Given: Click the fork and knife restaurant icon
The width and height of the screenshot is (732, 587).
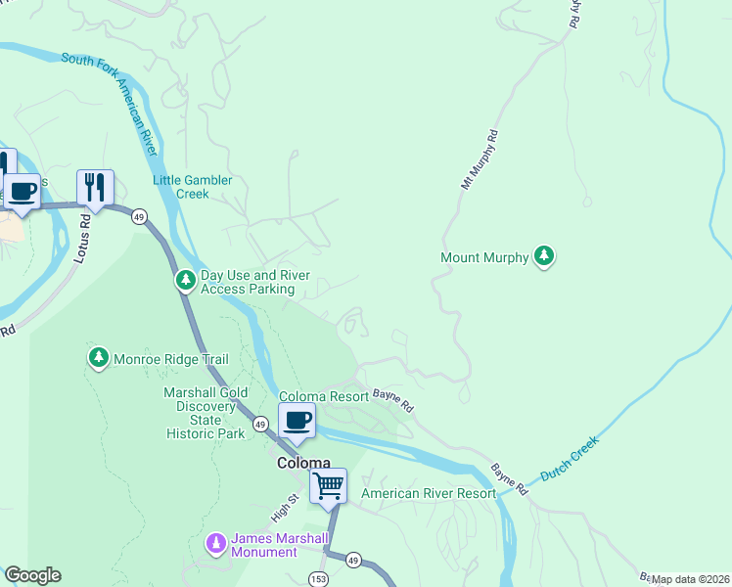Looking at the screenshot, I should tap(95, 187).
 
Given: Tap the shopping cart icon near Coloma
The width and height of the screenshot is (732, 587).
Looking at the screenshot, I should tap(328, 485).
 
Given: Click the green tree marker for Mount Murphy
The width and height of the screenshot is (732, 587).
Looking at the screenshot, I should tap(544, 257).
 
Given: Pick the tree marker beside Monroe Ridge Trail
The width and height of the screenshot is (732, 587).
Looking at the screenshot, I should tap(98, 359).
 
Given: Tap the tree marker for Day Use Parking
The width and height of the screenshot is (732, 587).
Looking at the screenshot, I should tap(185, 282).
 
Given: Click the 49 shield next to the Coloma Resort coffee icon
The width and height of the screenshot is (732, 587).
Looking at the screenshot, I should tap(260, 424).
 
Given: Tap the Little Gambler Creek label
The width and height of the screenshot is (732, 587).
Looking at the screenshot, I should tap(193, 187).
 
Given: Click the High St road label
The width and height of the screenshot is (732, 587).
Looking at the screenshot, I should tap(282, 507).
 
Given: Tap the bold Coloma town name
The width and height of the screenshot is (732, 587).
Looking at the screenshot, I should tap(302, 463).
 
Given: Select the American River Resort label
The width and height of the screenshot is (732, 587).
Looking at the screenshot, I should tap(429, 494).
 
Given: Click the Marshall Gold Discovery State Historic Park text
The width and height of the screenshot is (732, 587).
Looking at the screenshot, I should tap(206, 413).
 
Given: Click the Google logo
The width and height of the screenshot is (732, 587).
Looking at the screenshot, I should tap(32, 575).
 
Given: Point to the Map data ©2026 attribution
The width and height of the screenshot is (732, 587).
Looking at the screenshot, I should tap(690, 579).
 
